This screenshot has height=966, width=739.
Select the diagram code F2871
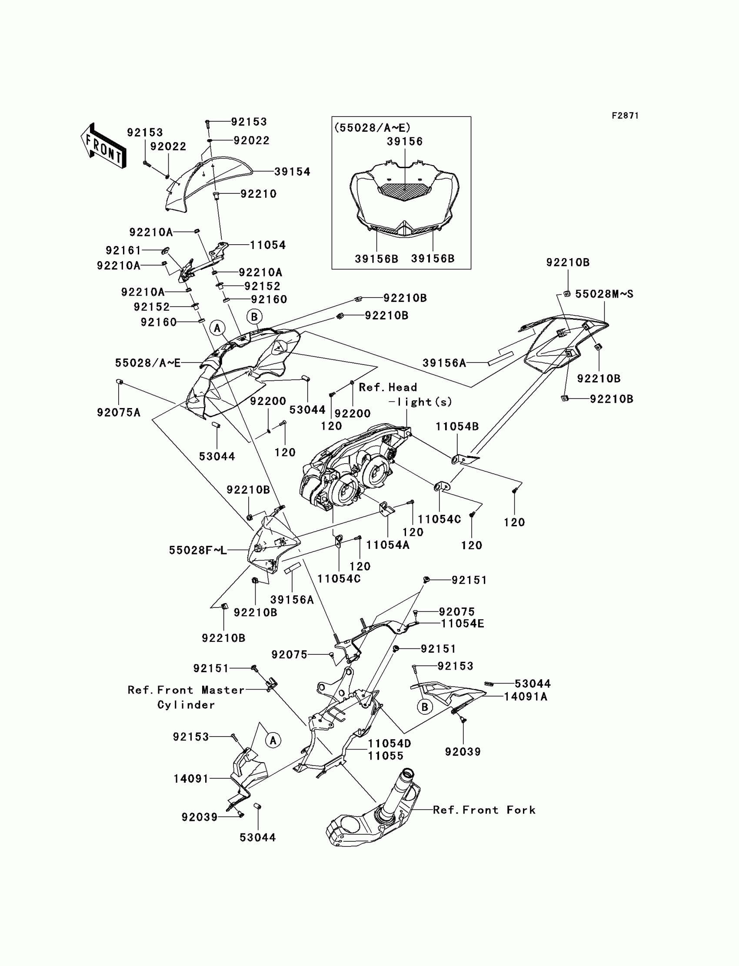[625, 116]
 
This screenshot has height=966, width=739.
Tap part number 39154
[292, 172]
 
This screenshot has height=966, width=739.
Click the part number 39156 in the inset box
[405, 142]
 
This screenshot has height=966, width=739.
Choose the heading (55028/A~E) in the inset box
[372, 128]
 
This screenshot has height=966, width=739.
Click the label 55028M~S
[604, 294]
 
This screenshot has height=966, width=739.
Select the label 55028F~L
[198, 550]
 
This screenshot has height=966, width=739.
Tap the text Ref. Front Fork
[484, 810]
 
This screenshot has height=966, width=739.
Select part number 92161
[123, 250]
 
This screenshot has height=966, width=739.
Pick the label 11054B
[457, 426]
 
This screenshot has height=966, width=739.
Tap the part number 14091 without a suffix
[191, 779]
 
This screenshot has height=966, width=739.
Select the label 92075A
[118, 412]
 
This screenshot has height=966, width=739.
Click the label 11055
[385, 756]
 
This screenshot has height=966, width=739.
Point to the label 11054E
[463, 624]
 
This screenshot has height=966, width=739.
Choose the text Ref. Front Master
[186, 690]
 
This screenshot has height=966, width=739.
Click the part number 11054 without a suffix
[268, 245]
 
